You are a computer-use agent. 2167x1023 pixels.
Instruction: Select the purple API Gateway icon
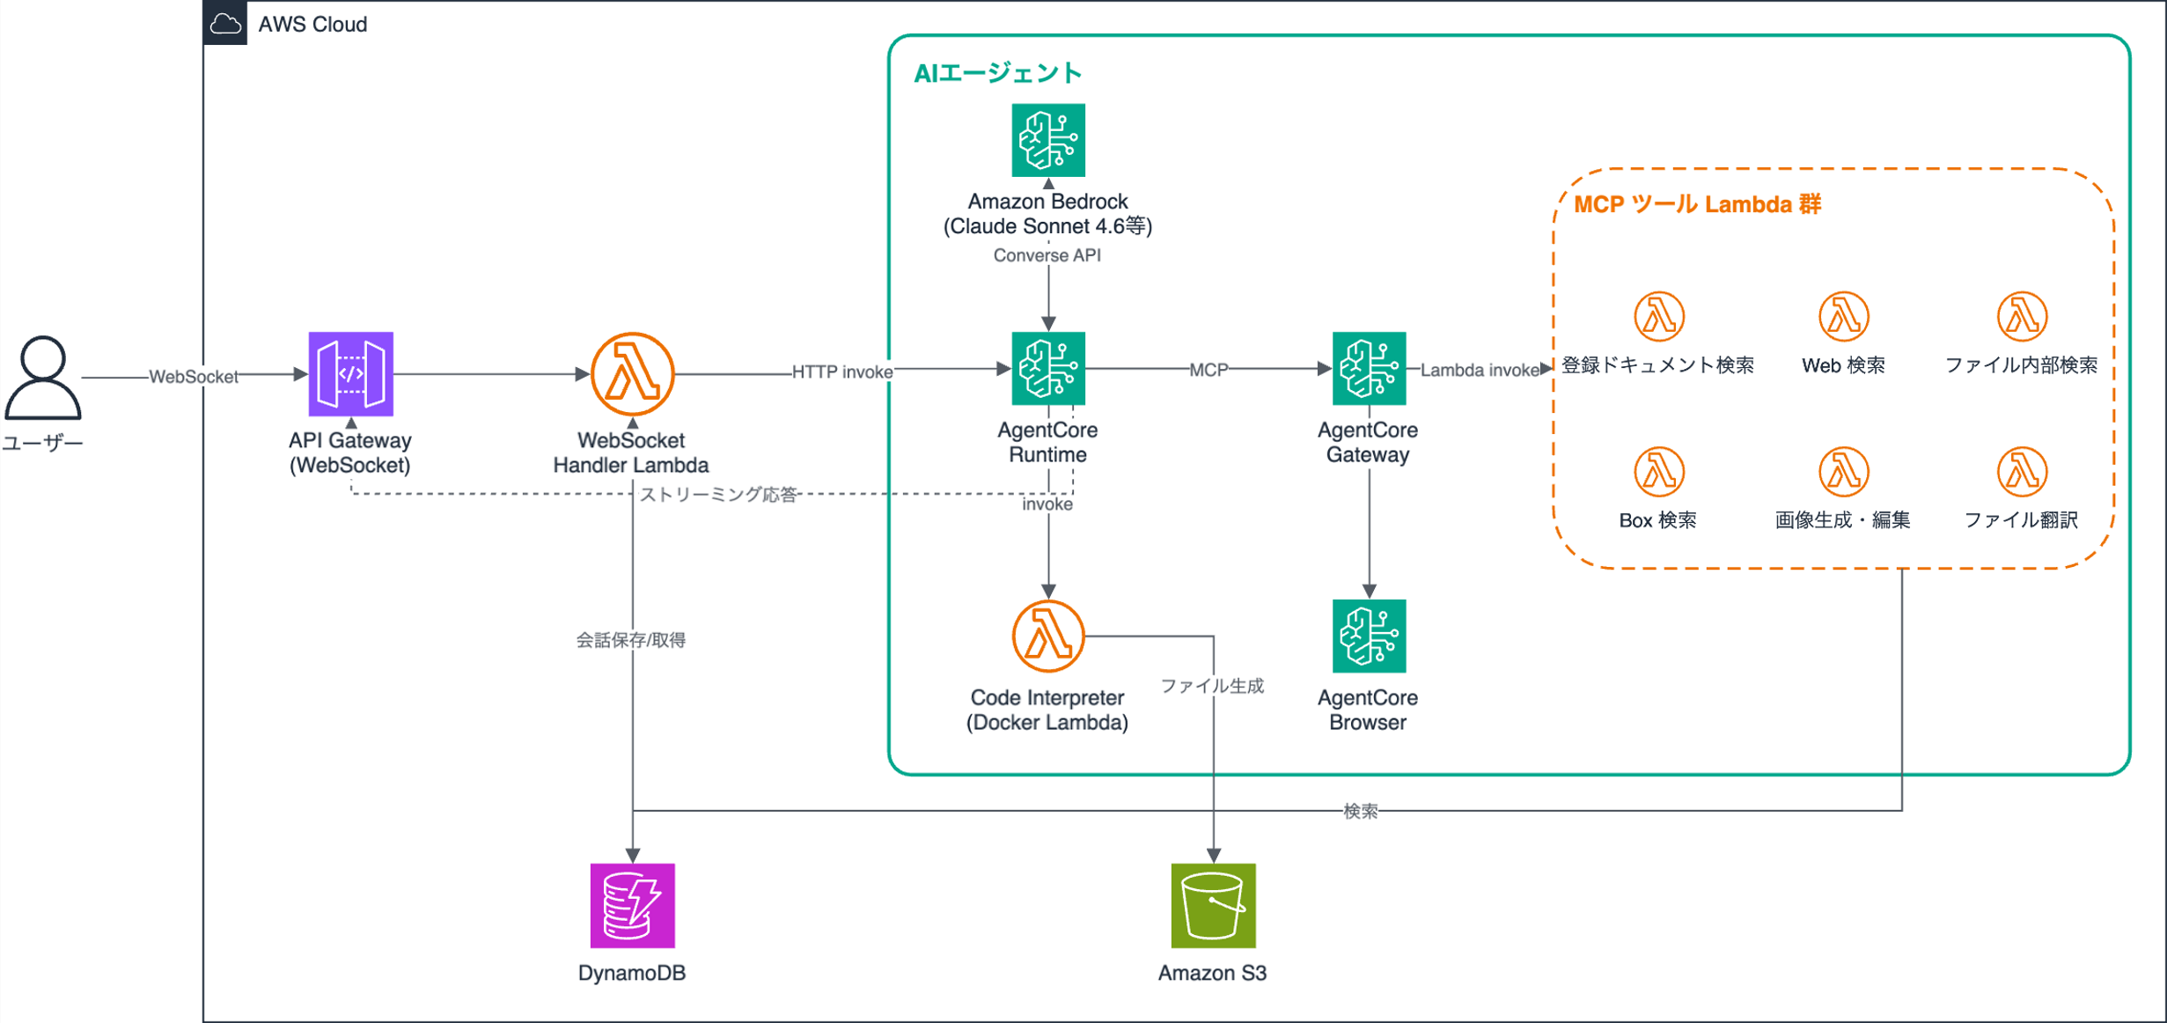point(350,373)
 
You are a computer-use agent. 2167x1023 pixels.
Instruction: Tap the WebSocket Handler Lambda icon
point(632,373)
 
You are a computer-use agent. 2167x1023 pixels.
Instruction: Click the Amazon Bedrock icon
point(1047,140)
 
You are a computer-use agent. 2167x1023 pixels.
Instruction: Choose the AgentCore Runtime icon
point(1047,368)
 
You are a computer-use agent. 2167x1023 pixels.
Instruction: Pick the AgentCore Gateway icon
point(1368,368)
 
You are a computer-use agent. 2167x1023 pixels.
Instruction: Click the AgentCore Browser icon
point(1368,636)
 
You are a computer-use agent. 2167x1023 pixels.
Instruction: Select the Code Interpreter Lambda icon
point(1047,636)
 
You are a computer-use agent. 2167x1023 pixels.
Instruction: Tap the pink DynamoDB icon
point(632,905)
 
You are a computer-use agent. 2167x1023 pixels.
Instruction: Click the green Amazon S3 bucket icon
point(1213,905)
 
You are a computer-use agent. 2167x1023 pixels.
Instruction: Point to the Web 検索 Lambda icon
point(1843,316)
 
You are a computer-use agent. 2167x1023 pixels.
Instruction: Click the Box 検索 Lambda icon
point(1658,472)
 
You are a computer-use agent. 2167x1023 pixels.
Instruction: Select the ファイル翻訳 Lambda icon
point(2021,472)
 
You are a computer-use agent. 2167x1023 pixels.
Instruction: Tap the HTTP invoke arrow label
point(841,372)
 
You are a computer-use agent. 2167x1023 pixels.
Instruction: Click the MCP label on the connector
point(1208,370)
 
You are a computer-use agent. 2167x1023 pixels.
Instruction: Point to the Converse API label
point(1047,255)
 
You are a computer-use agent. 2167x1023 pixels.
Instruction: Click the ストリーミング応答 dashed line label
point(717,494)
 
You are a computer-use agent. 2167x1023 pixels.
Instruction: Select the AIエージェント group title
point(997,73)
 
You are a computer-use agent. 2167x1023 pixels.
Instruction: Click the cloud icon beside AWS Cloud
point(225,23)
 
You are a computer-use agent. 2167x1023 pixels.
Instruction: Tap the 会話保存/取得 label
point(630,640)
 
